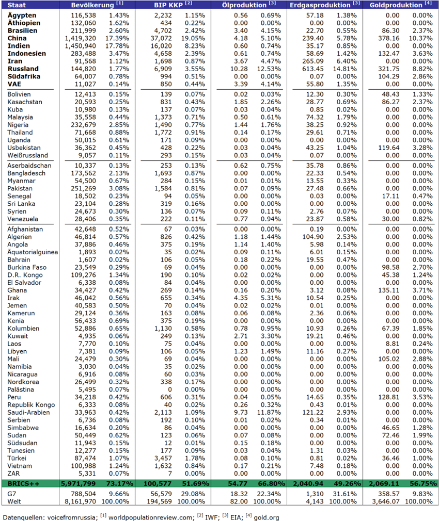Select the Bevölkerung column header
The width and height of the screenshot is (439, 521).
pyautogui.click(x=93, y=5)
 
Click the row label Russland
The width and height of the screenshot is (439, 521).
pyautogui.click(x=23, y=69)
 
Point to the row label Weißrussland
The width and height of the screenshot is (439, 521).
pyautogui.click(x=28, y=155)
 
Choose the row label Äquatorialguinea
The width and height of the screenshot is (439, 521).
pyautogui.click(x=33, y=252)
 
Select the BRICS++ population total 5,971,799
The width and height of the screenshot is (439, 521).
pyautogui.click(x=79, y=483)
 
